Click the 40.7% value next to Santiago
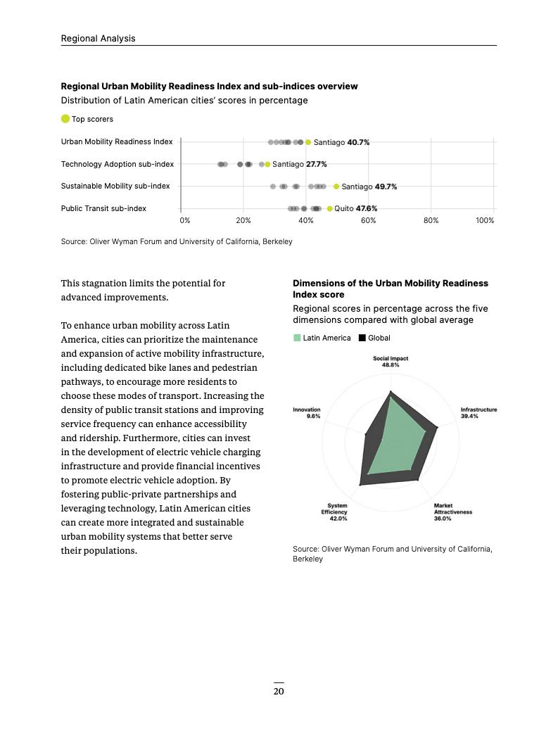358,142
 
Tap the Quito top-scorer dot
330,209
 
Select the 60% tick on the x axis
368,220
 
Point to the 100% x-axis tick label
485,220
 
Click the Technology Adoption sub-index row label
117,164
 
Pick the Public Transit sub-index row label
103,208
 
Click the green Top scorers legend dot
65,119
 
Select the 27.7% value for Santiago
316,165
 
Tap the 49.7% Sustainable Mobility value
386,187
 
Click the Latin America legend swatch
297,338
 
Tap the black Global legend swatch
362,338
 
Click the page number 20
279,692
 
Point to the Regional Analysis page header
98,39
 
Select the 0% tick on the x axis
185,220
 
